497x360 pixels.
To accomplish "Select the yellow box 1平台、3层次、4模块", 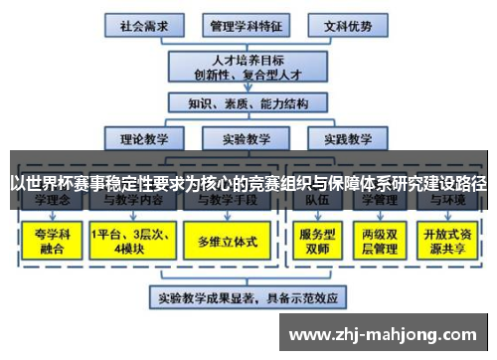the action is point(128,242).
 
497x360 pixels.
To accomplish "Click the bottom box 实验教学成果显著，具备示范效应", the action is point(248,296).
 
